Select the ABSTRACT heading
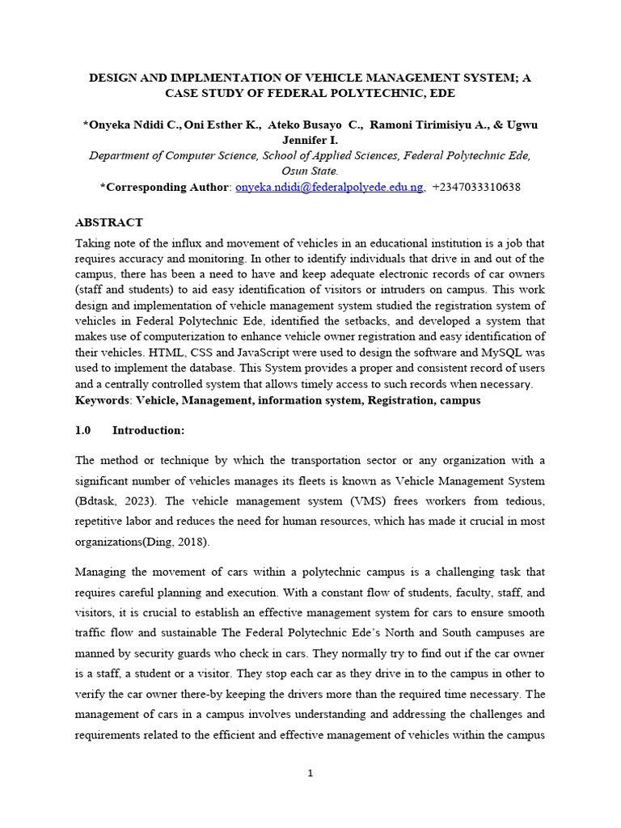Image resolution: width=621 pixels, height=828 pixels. point(108,222)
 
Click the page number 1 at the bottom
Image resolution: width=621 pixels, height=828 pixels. point(310,773)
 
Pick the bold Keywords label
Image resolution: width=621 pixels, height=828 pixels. point(103,400)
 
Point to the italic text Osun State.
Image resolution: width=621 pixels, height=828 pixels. point(310,171)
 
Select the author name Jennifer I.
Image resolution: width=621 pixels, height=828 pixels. point(310,140)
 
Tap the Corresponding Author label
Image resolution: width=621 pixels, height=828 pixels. point(167,187)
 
